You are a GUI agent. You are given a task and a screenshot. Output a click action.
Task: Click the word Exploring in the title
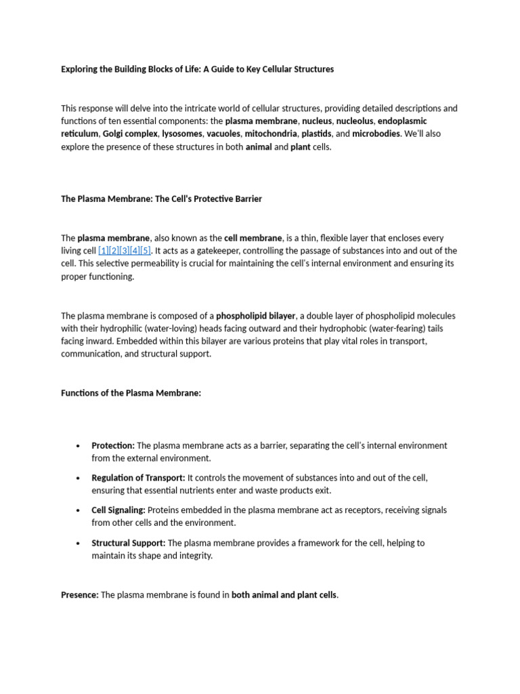click(x=81, y=69)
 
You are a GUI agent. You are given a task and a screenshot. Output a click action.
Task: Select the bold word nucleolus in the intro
click(x=355, y=121)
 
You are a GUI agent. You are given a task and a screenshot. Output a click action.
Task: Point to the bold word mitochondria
click(x=271, y=134)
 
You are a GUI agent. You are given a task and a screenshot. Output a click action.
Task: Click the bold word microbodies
click(x=376, y=134)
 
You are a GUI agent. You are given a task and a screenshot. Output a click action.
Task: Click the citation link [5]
click(x=145, y=251)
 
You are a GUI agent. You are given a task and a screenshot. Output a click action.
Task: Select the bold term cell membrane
click(x=253, y=238)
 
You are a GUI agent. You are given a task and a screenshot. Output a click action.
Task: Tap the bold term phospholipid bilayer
click(x=256, y=316)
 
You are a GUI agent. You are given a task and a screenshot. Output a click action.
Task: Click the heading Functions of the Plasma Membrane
click(x=131, y=393)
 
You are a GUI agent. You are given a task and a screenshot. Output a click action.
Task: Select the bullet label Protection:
click(x=114, y=445)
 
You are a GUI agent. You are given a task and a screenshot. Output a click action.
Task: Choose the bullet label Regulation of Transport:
click(x=138, y=478)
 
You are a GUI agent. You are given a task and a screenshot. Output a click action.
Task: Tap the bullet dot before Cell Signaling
click(x=79, y=510)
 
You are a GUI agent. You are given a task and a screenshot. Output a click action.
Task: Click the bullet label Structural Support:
click(x=129, y=543)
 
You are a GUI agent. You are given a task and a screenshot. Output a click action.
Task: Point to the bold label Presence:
click(x=80, y=595)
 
